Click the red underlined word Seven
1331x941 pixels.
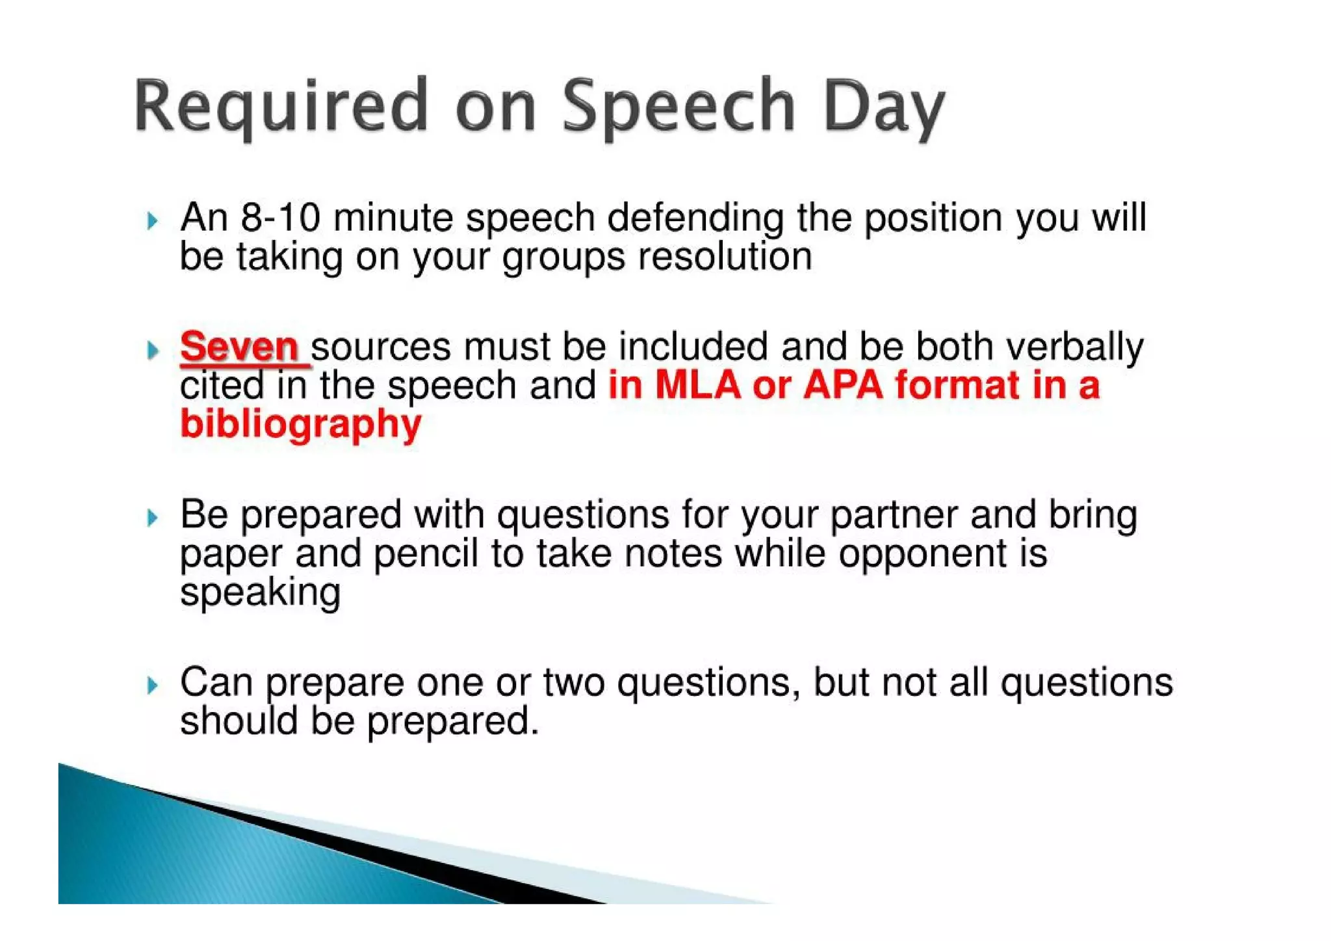tap(239, 346)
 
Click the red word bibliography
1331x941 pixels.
tap(300, 425)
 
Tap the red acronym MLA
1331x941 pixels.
tap(697, 384)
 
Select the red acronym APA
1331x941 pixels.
tap(843, 384)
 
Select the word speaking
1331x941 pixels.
tap(260, 593)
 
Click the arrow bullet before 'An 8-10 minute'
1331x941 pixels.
tap(152, 221)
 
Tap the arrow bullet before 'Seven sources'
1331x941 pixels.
tap(152, 351)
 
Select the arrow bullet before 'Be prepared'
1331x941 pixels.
tap(152, 518)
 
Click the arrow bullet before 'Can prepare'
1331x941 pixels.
tap(152, 685)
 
